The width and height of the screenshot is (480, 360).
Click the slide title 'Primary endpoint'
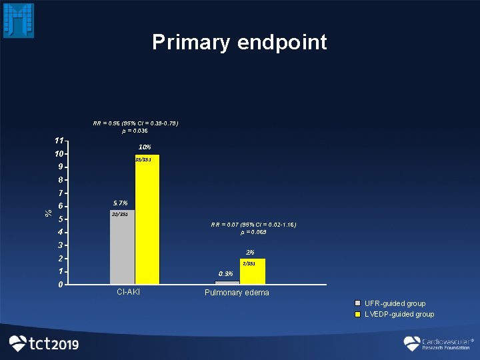[x=239, y=42]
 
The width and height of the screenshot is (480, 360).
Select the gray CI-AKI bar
[x=122, y=247]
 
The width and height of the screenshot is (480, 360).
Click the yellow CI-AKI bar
[x=147, y=219]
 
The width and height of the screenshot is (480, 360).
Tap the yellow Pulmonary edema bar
[x=253, y=271]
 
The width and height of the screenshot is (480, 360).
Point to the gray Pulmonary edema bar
[x=227, y=283]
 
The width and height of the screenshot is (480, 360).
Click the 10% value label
[x=144, y=147]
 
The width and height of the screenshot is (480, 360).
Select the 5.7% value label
[x=121, y=203]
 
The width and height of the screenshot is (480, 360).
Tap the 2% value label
[x=250, y=252]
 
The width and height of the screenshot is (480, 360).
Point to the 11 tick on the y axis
[x=60, y=141]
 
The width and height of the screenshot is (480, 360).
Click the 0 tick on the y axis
[x=60, y=285]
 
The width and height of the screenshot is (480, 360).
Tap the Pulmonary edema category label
[x=237, y=293]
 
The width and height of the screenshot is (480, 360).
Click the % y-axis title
[x=48, y=213]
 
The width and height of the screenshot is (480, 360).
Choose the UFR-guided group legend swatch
[x=358, y=304]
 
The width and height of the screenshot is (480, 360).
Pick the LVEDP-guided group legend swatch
[x=358, y=314]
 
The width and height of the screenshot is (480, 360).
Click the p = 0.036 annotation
[x=135, y=131]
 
